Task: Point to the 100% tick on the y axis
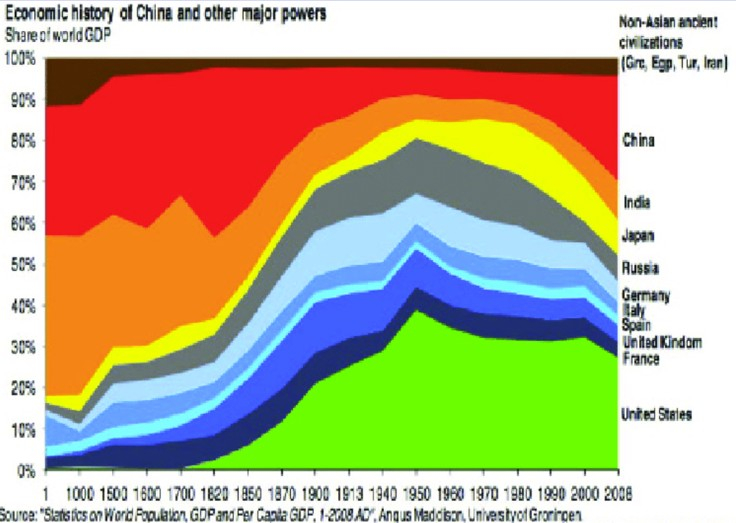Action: pos(21,59)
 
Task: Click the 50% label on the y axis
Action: pos(21,265)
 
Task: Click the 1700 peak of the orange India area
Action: pos(180,198)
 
